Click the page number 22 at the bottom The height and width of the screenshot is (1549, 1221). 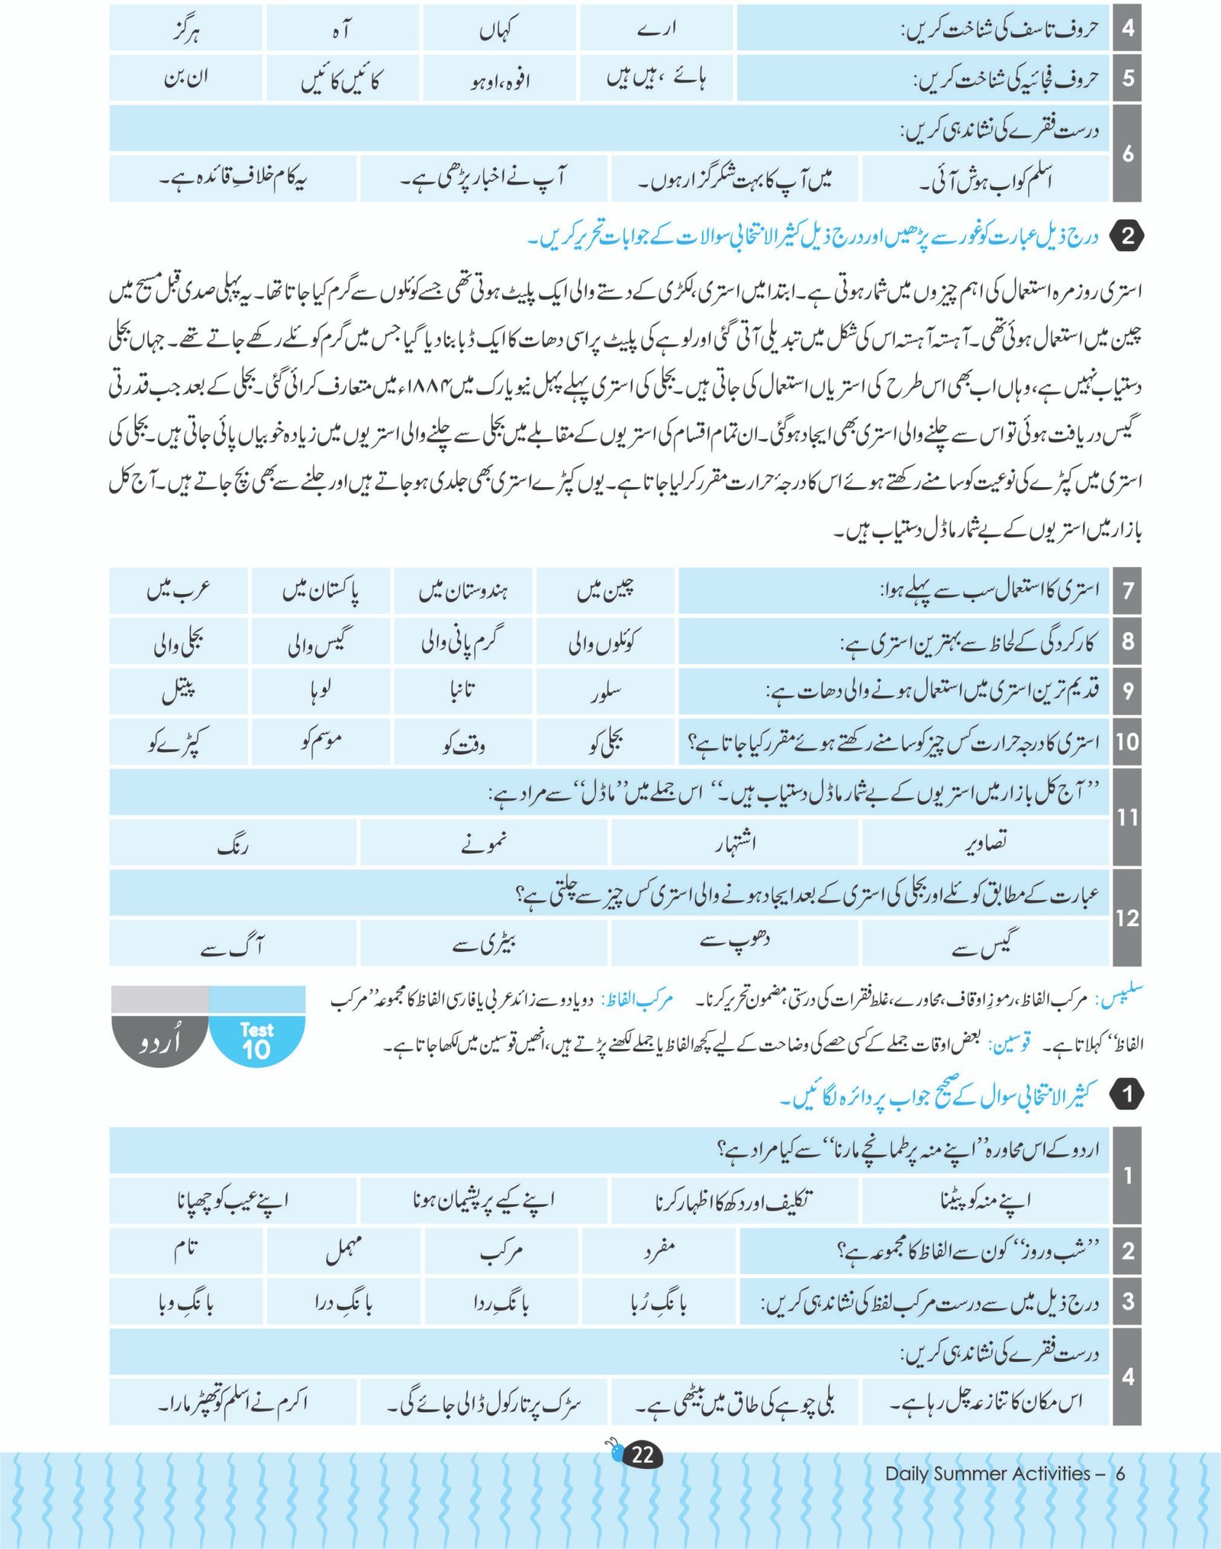click(643, 1454)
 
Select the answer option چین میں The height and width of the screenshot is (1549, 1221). click(606, 590)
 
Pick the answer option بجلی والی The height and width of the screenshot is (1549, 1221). click(179, 642)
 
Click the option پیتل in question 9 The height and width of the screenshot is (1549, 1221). click(179, 692)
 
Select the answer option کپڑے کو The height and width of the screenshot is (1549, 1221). click(179, 741)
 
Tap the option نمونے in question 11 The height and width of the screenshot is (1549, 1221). click(484, 843)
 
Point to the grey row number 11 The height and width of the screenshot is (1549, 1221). click(1127, 818)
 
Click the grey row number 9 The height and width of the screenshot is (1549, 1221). click(1127, 692)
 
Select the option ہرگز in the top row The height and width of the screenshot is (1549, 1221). click(185, 31)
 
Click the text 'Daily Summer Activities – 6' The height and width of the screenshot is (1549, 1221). click(1004, 1473)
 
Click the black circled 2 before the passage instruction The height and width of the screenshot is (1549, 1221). click(1127, 237)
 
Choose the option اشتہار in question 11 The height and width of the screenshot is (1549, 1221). click(735, 843)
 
